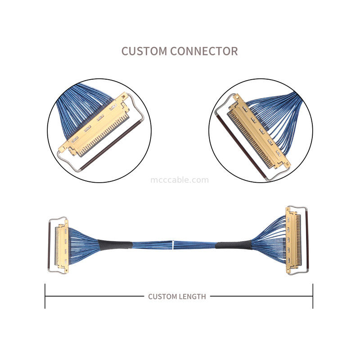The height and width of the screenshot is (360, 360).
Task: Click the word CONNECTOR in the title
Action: click(x=204, y=51)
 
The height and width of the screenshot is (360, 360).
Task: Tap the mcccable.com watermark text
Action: click(x=180, y=180)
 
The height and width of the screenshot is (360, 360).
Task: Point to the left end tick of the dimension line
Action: click(x=45, y=296)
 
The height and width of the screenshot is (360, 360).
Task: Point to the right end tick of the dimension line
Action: click(x=313, y=296)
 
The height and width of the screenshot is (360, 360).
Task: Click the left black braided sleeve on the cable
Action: click(x=115, y=245)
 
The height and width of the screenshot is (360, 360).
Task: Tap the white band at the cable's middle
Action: click(x=173, y=245)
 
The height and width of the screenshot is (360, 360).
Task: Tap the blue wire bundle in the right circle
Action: click(x=277, y=117)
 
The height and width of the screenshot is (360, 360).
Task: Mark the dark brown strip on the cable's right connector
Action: click(x=307, y=241)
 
